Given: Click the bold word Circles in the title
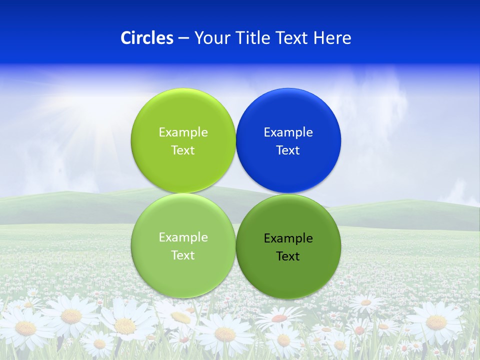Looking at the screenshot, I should [x=146, y=38].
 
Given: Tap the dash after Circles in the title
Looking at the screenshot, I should [x=183, y=38].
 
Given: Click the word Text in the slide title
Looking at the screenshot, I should [x=293, y=38].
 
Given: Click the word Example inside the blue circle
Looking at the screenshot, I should [x=288, y=132].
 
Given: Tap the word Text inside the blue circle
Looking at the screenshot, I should [x=288, y=150].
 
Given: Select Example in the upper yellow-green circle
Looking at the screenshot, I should [x=183, y=132].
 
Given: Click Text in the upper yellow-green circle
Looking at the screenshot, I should [x=183, y=150].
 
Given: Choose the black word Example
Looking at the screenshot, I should [x=288, y=238].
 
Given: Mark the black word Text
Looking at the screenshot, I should [x=288, y=256].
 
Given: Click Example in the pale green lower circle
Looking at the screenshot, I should [x=183, y=237].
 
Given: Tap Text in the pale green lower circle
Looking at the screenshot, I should [x=183, y=255].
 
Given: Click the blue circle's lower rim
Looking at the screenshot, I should [x=288, y=192].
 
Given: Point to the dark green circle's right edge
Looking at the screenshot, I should [x=340, y=246].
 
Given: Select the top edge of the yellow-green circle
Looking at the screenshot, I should [x=183, y=89].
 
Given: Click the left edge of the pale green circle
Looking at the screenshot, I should [x=132, y=245].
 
